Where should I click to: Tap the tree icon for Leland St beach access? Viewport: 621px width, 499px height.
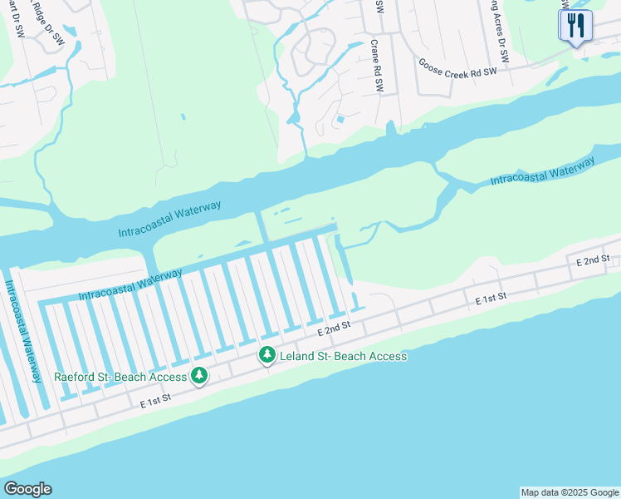(x=266, y=356)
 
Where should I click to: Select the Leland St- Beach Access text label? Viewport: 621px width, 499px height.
(x=343, y=356)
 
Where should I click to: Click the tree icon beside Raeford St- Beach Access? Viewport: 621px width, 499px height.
(x=199, y=377)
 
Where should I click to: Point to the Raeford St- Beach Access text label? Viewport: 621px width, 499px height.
(x=120, y=377)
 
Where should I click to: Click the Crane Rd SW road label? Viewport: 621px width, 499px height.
(x=374, y=65)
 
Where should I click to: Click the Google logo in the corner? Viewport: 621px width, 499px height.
(x=27, y=489)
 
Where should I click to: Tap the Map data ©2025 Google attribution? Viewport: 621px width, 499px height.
(x=570, y=492)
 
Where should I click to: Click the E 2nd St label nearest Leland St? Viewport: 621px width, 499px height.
(x=335, y=329)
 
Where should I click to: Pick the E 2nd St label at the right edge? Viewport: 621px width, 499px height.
(x=593, y=260)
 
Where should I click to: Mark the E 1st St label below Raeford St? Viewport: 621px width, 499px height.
(x=156, y=401)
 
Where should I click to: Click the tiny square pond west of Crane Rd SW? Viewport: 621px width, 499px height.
(x=339, y=121)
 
